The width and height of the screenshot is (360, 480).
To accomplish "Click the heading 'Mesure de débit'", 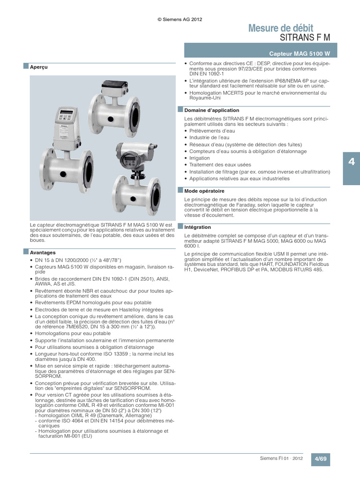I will (280, 28).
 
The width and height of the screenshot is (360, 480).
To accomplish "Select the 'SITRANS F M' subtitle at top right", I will (305, 37).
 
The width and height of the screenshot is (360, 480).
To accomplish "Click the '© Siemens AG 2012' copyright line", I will (180, 19).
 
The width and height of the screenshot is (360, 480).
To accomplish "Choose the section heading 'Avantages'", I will (43, 253).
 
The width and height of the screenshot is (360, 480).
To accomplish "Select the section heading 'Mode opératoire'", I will (204, 191).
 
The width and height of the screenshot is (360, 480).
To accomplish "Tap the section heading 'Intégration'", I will (198, 227).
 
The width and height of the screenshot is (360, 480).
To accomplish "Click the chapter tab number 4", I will (351, 162).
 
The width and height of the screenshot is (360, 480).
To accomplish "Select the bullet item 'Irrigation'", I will (200, 158).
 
